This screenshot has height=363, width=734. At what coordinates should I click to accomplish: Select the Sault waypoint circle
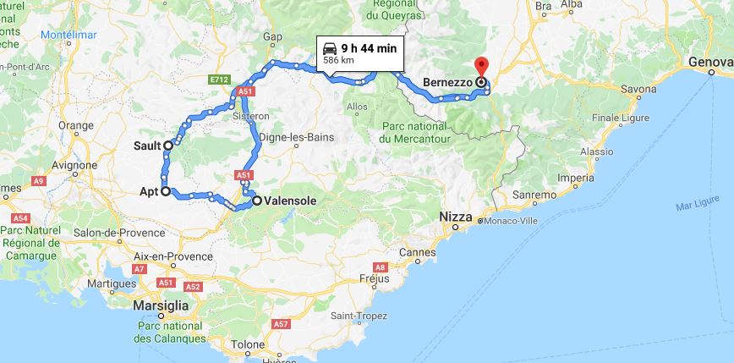(168, 146)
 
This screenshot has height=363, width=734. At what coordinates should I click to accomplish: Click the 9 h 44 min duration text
(369, 48)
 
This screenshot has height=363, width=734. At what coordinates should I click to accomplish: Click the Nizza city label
(455, 217)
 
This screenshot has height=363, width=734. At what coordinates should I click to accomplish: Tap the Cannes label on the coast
(418, 252)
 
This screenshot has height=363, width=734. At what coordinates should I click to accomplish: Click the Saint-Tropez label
(353, 316)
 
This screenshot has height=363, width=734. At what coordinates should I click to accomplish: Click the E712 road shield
(219, 80)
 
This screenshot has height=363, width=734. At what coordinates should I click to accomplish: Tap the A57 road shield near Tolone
(282, 324)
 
